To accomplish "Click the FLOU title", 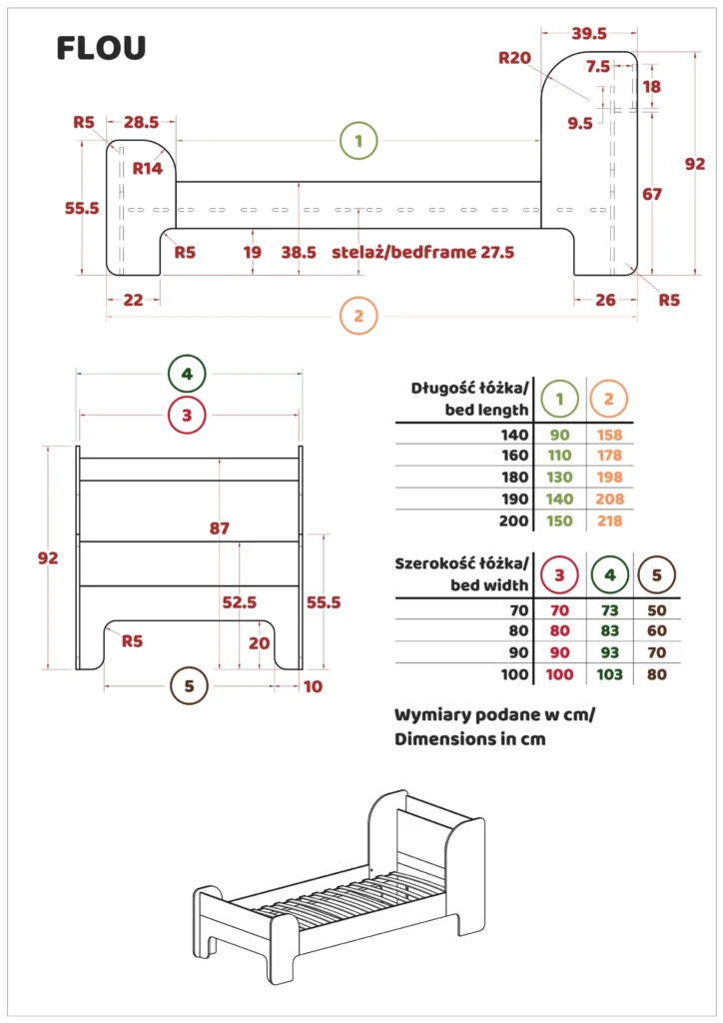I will [101, 47].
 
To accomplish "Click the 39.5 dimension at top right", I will [589, 33].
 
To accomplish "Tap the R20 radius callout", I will [514, 58].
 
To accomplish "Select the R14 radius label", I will [148, 168].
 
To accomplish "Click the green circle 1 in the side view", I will [359, 141].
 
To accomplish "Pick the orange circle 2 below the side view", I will [359, 317].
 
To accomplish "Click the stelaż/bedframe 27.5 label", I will [423, 253].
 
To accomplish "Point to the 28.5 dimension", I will [141, 122].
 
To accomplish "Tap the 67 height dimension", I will [652, 195].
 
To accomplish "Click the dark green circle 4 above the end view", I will [187, 375].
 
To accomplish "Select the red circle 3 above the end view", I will [187, 414].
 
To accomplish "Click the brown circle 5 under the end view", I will [189, 686].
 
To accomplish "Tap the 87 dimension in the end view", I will [221, 528].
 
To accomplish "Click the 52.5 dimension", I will [239, 602].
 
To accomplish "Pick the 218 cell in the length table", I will [609, 520].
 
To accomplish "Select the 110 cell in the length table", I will [559, 455].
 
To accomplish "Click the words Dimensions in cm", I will [469, 739].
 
